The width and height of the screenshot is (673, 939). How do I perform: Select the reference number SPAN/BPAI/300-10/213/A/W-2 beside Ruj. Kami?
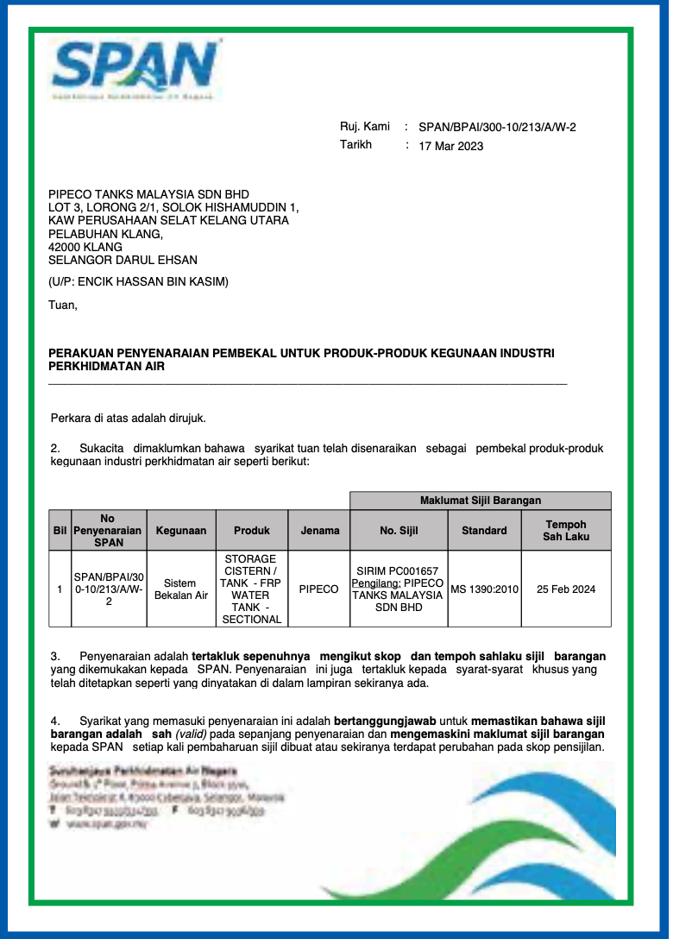point(497,127)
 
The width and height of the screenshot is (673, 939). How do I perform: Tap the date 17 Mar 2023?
point(450,146)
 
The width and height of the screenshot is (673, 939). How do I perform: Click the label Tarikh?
point(355,145)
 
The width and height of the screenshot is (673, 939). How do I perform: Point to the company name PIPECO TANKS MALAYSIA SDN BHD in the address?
point(148,194)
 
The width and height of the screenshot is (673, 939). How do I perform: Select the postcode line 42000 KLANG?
point(85,246)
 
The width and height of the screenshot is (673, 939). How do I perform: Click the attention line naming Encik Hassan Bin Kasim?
point(138,281)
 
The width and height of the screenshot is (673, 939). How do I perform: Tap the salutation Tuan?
point(63,304)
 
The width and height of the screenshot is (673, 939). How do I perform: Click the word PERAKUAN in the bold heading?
point(82,353)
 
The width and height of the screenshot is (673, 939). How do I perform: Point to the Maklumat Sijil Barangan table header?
point(480,501)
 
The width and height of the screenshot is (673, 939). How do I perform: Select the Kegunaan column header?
point(180,531)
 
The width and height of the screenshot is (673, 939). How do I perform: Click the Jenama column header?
point(319,531)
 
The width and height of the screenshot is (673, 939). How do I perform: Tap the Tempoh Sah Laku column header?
point(566,530)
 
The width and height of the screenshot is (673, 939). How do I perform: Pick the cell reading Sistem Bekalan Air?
point(180,589)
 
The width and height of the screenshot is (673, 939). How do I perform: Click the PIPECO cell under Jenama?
point(318,589)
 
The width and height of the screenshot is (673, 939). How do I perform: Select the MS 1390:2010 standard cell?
point(484,589)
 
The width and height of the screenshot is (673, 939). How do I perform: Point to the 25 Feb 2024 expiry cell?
point(566,589)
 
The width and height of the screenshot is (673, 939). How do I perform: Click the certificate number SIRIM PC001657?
point(397,571)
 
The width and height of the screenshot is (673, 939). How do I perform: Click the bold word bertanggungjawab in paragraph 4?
point(385,719)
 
